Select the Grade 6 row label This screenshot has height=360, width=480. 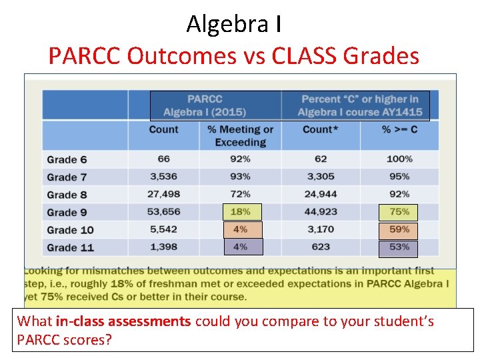(x=67, y=160)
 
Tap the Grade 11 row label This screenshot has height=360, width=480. (x=70, y=248)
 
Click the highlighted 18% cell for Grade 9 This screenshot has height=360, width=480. (x=241, y=212)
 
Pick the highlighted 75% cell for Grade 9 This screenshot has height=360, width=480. (x=399, y=212)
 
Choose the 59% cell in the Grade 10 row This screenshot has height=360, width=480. (x=399, y=230)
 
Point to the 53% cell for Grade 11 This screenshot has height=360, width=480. (x=399, y=248)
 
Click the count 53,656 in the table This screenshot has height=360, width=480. (x=164, y=212)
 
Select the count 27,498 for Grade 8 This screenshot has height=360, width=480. (x=164, y=194)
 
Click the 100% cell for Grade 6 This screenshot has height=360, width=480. (x=399, y=159)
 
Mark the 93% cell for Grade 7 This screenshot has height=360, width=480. (x=241, y=177)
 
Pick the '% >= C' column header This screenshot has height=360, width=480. (x=399, y=129)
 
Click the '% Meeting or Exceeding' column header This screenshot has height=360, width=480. (x=241, y=135)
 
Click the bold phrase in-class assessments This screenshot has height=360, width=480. (x=123, y=321)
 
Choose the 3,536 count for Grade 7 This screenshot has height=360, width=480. (x=164, y=177)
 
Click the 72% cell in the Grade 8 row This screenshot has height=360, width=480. (x=241, y=194)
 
